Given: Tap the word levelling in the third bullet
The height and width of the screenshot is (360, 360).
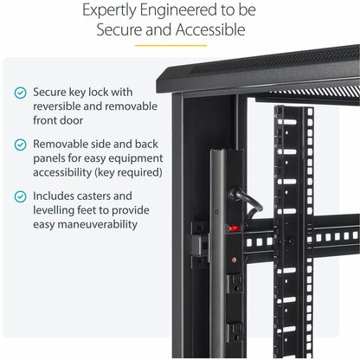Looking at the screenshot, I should (60, 212).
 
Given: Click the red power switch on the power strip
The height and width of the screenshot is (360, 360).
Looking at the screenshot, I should (231, 229).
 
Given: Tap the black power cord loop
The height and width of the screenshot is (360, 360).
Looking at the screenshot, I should (253, 207).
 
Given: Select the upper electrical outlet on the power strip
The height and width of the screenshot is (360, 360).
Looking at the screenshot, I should (235, 281).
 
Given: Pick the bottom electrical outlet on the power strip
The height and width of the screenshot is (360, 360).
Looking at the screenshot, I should (235, 331).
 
